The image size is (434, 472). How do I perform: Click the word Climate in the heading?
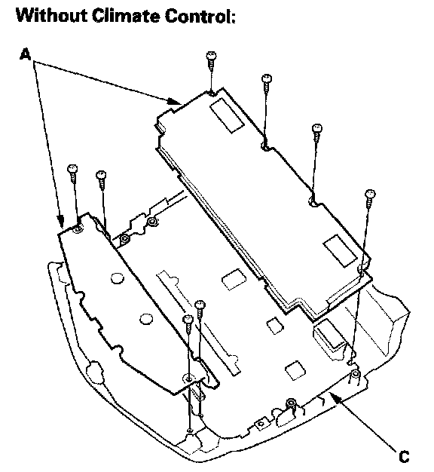click(126, 15)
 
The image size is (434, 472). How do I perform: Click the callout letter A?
click(26, 54)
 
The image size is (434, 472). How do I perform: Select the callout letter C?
click(404, 456)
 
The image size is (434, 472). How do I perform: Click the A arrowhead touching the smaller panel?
click(61, 221)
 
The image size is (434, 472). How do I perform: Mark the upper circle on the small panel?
click(117, 277)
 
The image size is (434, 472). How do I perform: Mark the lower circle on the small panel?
click(146, 319)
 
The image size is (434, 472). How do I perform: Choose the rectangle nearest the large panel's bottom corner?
click(340, 251)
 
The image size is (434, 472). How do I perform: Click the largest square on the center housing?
click(234, 279)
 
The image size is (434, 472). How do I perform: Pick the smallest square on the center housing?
click(275, 326)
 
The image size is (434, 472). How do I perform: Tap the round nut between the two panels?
click(152, 222)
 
